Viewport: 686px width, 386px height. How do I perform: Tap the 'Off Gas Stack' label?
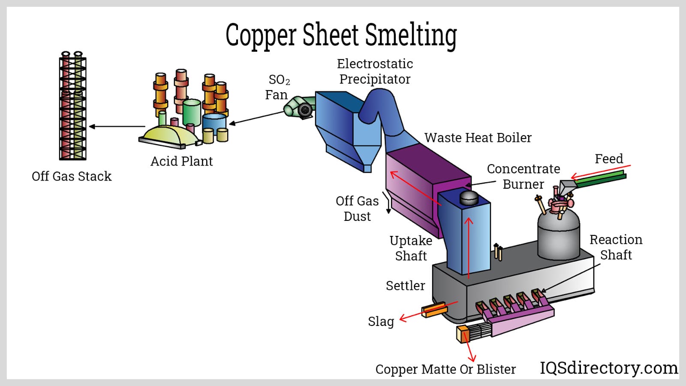[x=72, y=176]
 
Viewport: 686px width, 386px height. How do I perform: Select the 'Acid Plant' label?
[x=181, y=161]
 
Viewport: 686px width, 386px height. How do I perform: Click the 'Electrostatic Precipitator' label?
[x=375, y=71]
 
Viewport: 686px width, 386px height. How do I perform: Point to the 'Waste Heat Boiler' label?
[x=478, y=138]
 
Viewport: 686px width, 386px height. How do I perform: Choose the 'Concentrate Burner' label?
[x=523, y=176]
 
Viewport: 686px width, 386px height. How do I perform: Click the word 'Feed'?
[x=608, y=159]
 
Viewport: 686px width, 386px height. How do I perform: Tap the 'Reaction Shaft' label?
[x=616, y=247]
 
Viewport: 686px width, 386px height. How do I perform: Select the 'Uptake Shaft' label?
[x=411, y=248]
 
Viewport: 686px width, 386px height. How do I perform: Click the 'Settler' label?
[x=405, y=286]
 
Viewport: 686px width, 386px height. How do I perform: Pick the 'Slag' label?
[x=381, y=321]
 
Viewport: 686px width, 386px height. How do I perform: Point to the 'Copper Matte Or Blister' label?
[x=445, y=369]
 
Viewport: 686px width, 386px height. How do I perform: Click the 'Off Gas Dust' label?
[x=357, y=208]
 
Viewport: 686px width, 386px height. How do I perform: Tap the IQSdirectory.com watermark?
[x=608, y=368]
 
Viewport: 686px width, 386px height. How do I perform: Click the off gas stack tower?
[x=72, y=107]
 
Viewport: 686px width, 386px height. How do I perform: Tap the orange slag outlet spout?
[x=434, y=310]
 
